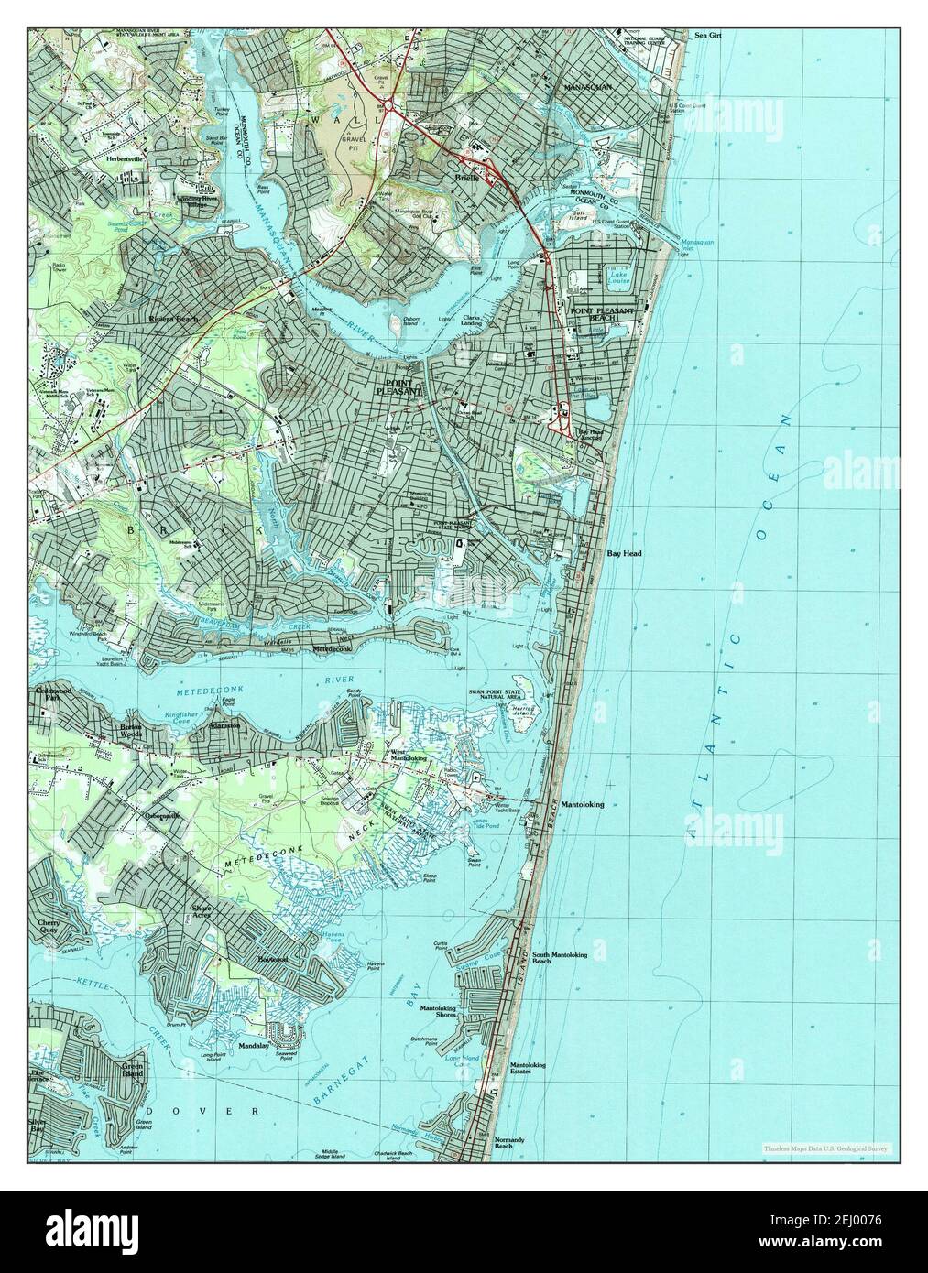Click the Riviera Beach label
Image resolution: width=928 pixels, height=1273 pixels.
point(173,320)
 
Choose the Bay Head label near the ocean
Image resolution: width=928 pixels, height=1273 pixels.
point(624,554)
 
